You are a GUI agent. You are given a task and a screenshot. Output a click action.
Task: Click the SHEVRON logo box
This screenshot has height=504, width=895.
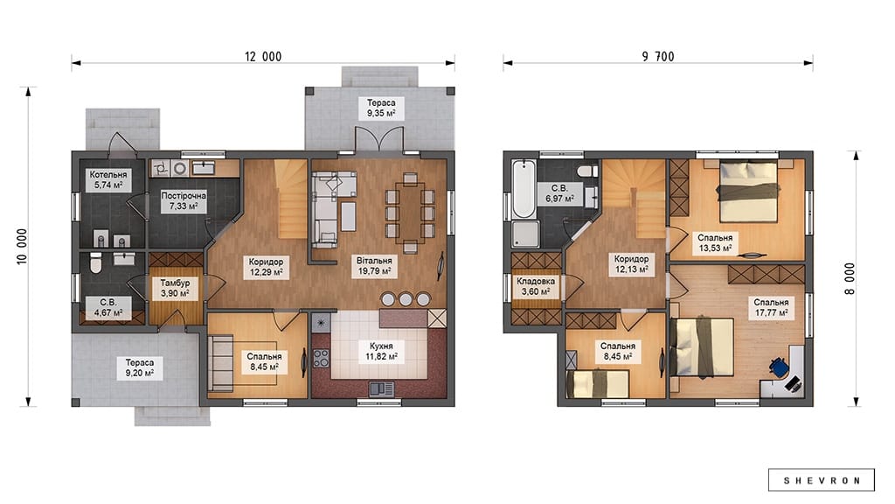pos(821,480)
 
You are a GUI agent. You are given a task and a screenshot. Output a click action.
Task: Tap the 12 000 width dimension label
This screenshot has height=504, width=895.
pos(263,57)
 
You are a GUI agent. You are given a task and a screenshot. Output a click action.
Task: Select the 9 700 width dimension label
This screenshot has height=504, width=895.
pos(658,57)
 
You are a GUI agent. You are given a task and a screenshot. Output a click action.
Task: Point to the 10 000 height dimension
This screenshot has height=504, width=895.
pos(22,246)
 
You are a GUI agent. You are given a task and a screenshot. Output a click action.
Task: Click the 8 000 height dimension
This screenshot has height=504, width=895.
pos(850,279)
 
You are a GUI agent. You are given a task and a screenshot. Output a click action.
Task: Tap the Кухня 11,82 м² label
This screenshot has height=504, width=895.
pos(381,352)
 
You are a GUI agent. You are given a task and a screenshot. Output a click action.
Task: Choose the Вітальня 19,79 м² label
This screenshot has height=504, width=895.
pos(374,266)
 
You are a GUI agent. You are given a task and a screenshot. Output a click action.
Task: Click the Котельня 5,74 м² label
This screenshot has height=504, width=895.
pos(108,180)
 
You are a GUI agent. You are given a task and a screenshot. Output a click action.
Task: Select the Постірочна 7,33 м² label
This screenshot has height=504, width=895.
pos(184,200)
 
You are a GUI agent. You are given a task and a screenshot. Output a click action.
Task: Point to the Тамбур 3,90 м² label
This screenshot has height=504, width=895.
pos(175,289)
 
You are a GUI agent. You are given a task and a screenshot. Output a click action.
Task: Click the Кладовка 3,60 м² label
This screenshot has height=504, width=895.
pos(536,286)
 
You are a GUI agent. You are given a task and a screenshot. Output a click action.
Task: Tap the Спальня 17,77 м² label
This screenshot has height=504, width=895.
pos(771,307)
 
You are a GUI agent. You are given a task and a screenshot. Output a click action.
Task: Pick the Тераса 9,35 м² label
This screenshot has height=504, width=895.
pos(381,108)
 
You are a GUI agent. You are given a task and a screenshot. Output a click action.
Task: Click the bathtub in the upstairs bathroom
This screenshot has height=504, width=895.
pos(524,189)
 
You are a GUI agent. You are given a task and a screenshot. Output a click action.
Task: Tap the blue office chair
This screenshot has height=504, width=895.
pos(779,367)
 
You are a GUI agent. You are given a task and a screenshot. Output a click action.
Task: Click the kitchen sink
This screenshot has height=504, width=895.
pos(381,389)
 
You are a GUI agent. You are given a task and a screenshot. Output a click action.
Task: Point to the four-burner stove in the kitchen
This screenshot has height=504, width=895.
pos(321,358)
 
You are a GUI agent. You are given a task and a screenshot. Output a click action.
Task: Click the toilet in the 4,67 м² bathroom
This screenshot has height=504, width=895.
pos(96,262)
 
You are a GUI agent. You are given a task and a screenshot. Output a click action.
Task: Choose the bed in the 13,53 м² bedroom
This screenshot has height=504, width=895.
pos(748,192)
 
